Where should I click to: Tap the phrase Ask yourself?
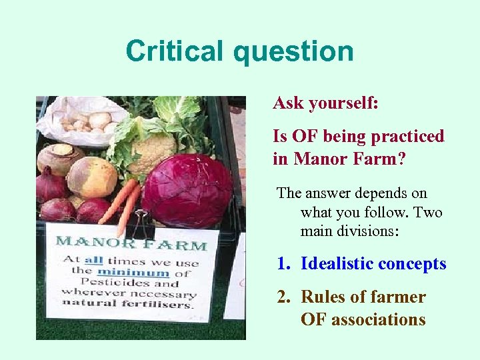tap(325, 103)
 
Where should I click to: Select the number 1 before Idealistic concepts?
tap(283, 264)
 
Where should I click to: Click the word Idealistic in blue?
tap(337, 264)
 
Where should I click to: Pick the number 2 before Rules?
tap(283, 297)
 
